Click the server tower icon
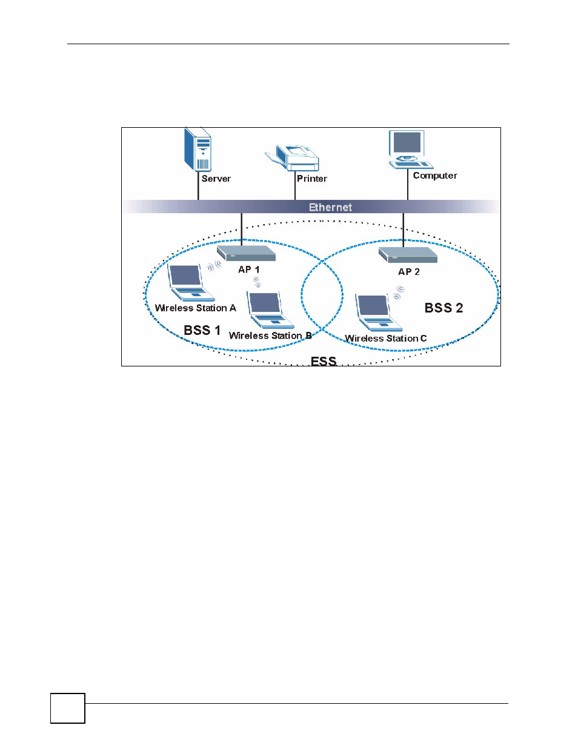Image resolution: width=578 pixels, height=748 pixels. point(198,150)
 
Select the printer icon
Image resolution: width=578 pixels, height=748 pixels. point(292,157)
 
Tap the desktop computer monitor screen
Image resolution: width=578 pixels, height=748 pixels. point(407,142)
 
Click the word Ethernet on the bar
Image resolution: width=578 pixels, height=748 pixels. point(330,207)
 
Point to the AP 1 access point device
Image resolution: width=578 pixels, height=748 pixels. point(246,253)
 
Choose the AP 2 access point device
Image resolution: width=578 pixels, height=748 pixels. point(408,255)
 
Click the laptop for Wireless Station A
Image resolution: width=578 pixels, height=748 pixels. point(190,283)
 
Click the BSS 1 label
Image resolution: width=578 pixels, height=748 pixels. point(202,330)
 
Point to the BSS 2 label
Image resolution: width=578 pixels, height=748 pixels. point(443,308)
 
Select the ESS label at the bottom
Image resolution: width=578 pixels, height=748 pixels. point(324,361)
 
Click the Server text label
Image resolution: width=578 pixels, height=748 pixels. point(216,179)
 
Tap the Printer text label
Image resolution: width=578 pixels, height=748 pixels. point(312,179)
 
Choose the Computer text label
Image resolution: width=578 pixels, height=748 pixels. point(435,176)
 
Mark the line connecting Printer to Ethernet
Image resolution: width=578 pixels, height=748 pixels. point(294,185)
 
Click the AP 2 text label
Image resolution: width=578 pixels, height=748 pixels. point(408,272)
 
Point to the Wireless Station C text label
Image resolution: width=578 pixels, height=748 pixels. point(385,339)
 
